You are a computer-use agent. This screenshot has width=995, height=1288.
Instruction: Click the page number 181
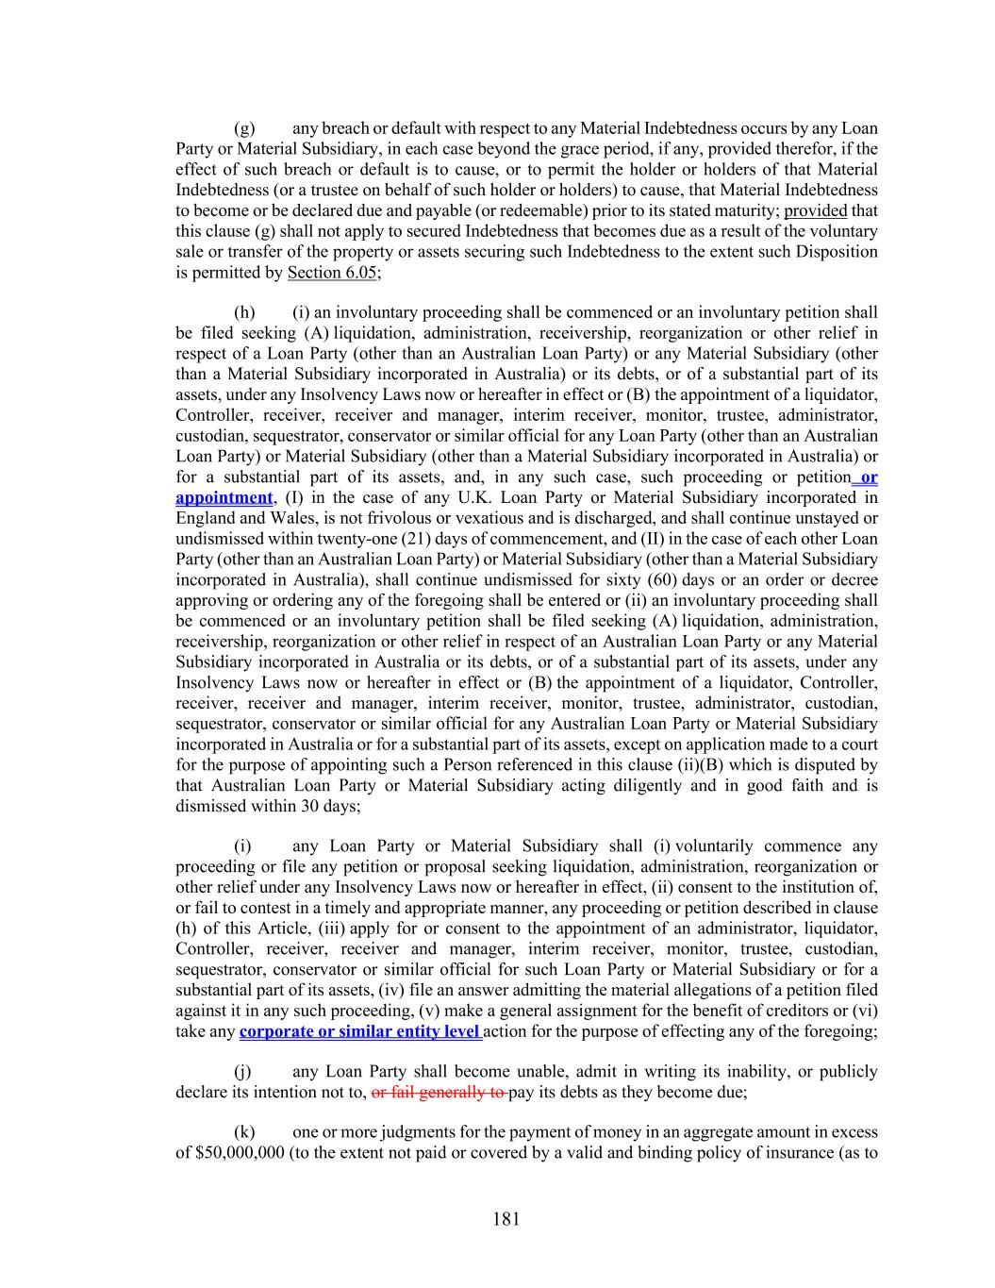506,1219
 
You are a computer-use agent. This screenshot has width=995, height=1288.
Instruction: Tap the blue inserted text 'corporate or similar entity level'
360,1031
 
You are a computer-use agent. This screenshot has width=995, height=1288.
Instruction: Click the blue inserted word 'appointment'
224,497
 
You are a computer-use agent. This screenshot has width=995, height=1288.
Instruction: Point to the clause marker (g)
244,128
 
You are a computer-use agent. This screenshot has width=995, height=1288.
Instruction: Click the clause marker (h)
244,312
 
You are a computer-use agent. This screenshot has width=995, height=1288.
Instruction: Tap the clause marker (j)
243,1072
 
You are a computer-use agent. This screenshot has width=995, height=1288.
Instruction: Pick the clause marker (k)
244,1132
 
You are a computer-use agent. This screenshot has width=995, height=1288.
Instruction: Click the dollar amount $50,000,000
230,1153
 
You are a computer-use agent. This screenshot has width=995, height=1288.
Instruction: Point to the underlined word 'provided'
815,210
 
